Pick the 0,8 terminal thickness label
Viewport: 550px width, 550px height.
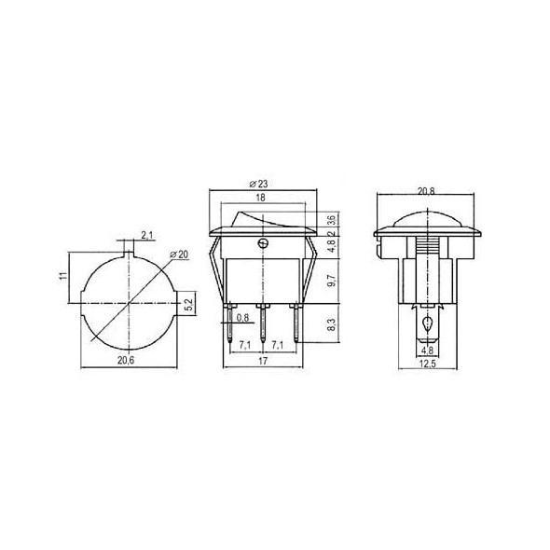tap(242, 319)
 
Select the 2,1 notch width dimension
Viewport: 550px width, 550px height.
tap(147, 233)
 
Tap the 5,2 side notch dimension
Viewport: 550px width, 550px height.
tap(188, 304)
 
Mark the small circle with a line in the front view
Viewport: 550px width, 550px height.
tap(264, 245)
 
